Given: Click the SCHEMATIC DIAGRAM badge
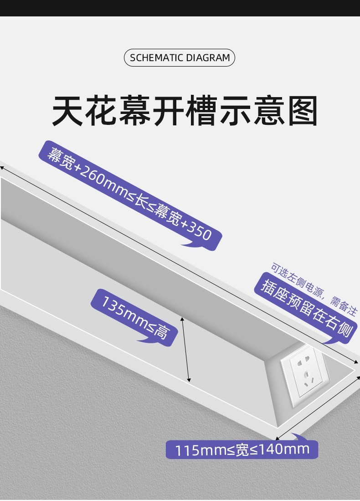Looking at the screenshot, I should [x=180, y=58].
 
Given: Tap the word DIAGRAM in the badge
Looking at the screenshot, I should [x=208, y=58].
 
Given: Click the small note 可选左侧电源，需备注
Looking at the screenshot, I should [x=314, y=289].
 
